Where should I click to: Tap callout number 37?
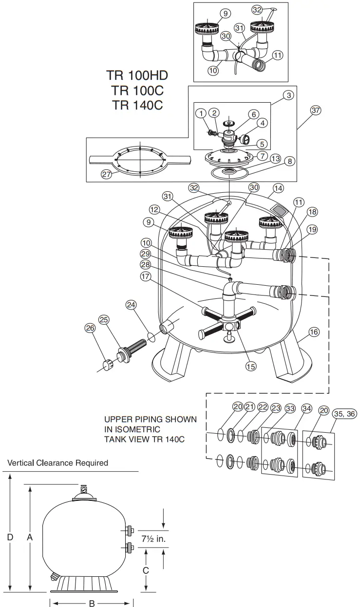(316, 110)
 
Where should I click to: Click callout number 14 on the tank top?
(278, 187)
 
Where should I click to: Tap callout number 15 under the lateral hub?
(250, 367)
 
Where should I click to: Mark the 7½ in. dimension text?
(153, 539)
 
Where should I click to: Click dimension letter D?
(10, 537)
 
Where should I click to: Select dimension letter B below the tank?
(92, 603)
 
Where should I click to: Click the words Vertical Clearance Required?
(58, 462)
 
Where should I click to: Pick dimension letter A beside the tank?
(30, 537)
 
